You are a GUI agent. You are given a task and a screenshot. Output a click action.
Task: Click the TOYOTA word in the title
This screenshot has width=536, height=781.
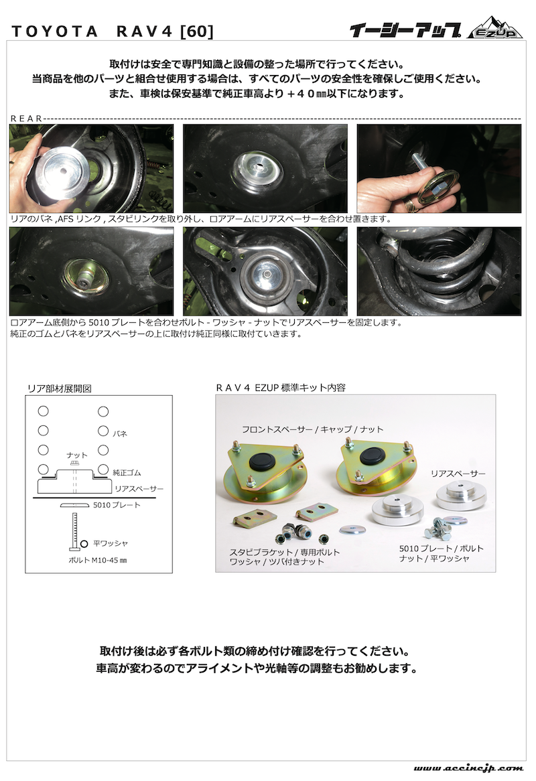pyautogui.click(x=54, y=31)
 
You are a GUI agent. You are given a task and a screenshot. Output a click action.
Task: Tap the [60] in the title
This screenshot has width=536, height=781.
pyautogui.click(x=197, y=31)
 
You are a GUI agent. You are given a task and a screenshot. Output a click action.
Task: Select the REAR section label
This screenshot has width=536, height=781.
pyautogui.click(x=26, y=119)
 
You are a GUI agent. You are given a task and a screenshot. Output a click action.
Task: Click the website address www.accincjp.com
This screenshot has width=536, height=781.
pyautogui.click(x=468, y=768)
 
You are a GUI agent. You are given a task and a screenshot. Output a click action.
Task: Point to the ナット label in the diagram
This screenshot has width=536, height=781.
pyautogui.click(x=76, y=455)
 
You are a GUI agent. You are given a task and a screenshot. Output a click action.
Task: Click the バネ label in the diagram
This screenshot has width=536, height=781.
pyautogui.click(x=119, y=433)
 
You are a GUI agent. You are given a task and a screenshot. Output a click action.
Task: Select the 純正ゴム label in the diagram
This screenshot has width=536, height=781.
pyautogui.click(x=127, y=472)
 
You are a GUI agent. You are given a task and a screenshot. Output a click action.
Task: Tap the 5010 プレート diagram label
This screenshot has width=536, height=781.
pyautogui.click(x=117, y=504)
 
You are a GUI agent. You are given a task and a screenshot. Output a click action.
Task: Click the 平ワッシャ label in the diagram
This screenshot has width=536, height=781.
pyautogui.click(x=111, y=543)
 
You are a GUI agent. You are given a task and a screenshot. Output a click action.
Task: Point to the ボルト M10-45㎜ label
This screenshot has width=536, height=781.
pyautogui.click(x=98, y=560)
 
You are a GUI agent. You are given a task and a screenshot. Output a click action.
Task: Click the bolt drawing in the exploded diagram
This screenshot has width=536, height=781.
pyautogui.click(x=74, y=531)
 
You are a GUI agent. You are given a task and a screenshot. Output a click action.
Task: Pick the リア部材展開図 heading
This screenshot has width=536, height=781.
pyautogui.click(x=59, y=388)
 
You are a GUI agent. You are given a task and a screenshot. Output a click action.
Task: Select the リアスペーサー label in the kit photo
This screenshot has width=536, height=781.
pyautogui.click(x=458, y=473)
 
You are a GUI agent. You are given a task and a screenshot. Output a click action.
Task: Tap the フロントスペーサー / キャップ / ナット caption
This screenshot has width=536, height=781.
pyautogui.click(x=312, y=429)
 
